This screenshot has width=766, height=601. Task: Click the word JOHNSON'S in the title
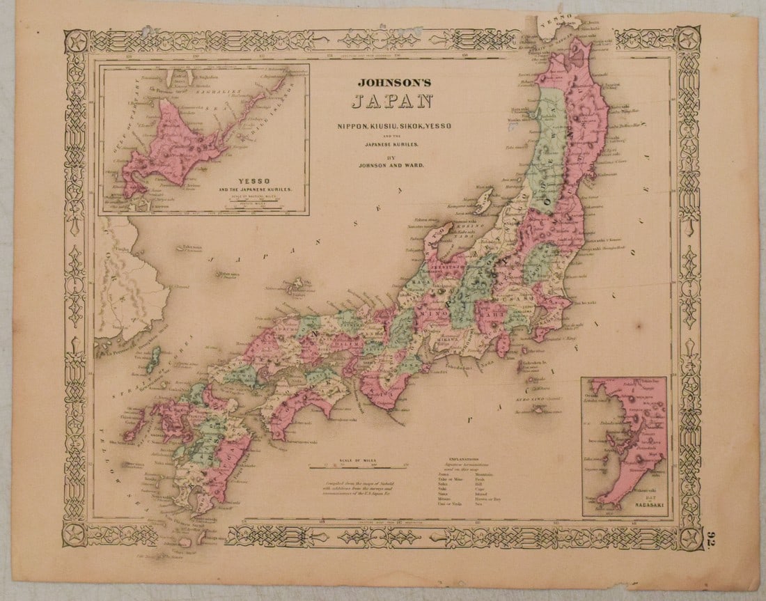click(394, 82)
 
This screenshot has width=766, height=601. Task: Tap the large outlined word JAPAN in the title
click(392, 102)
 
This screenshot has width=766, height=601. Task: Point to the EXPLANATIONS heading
click(462, 460)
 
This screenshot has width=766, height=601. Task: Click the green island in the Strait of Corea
click(153, 359)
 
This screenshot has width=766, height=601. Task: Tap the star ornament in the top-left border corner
click(76, 42)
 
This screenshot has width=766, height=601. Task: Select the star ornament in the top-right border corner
click(689, 40)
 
